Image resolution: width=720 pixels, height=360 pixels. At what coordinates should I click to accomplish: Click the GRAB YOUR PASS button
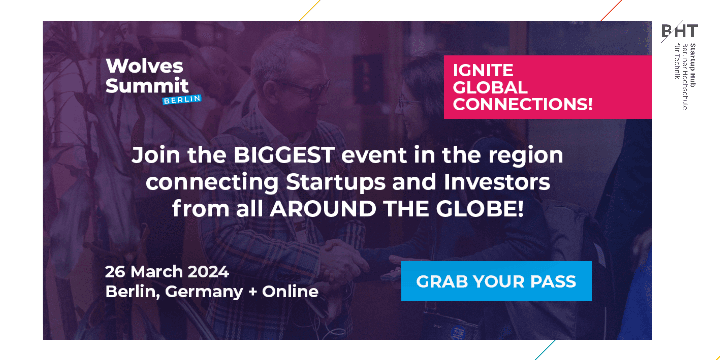[496, 281]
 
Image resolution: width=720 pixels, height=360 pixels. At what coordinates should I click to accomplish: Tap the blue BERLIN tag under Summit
[182, 100]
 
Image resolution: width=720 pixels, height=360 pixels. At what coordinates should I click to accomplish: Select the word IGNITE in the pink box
[483, 70]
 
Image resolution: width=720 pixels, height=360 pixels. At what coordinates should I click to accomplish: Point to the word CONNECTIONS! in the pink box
[523, 104]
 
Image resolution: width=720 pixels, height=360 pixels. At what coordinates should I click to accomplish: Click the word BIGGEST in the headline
[284, 155]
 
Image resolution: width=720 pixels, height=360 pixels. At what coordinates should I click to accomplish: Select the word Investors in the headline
[497, 182]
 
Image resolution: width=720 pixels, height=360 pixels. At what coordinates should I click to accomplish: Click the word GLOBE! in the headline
[480, 209]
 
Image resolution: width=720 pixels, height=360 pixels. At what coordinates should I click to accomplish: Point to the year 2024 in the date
[208, 272]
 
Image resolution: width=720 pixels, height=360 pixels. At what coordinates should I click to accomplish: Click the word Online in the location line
[290, 291]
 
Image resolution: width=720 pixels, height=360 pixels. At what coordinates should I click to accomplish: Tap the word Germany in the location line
[204, 292]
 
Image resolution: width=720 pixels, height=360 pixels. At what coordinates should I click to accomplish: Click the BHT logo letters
[679, 31]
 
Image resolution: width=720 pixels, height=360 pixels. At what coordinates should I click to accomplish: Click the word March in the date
[156, 272]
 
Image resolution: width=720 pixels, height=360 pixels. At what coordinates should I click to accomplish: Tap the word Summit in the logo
[147, 86]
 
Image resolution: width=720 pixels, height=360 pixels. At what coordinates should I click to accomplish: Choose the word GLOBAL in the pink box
[490, 87]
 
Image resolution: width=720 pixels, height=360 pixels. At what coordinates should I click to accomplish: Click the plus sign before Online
[253, 292]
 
